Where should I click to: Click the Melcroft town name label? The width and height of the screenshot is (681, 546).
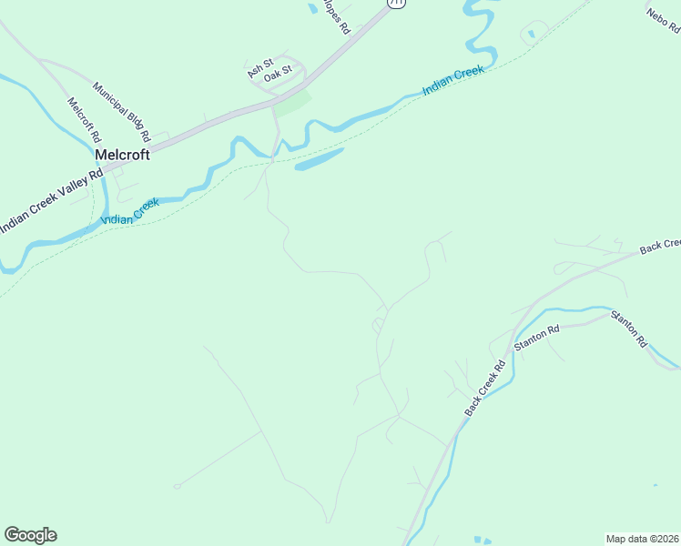coord(122,155)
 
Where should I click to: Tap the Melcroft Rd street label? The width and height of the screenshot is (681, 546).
coord(83,119)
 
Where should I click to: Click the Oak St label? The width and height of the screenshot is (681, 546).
coord(278,74)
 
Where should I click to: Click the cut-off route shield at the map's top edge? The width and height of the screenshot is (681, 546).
coord(395,3)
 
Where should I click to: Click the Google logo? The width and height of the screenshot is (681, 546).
coord(30,535)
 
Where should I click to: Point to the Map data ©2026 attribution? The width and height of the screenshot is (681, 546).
coord(642,539)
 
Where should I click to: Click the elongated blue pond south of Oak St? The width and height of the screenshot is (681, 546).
coord(319,160)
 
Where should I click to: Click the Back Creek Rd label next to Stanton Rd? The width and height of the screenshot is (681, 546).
coord(485,389)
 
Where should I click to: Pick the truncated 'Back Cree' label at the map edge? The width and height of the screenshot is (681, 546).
coord(660,246)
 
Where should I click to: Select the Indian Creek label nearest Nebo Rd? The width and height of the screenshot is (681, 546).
coord(452,82)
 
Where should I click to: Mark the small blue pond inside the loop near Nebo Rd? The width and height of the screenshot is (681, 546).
coord(532,35)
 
